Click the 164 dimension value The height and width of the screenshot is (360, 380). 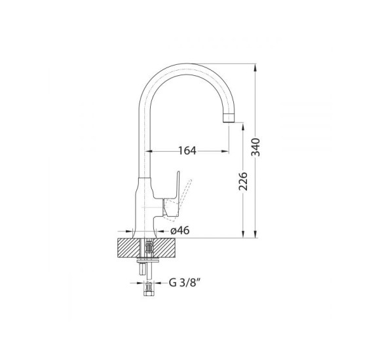[187, 151]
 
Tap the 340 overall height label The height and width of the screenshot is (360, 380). [256, 147]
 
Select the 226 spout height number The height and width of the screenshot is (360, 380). [243, 181]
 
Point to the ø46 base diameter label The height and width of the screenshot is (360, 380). [180, 230]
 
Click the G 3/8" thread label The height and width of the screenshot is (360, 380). [185, 283]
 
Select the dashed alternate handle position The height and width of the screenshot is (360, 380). [183, 198]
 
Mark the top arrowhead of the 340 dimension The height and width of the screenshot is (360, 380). [255, 67]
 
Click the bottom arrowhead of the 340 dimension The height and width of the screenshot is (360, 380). [255, 234]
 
